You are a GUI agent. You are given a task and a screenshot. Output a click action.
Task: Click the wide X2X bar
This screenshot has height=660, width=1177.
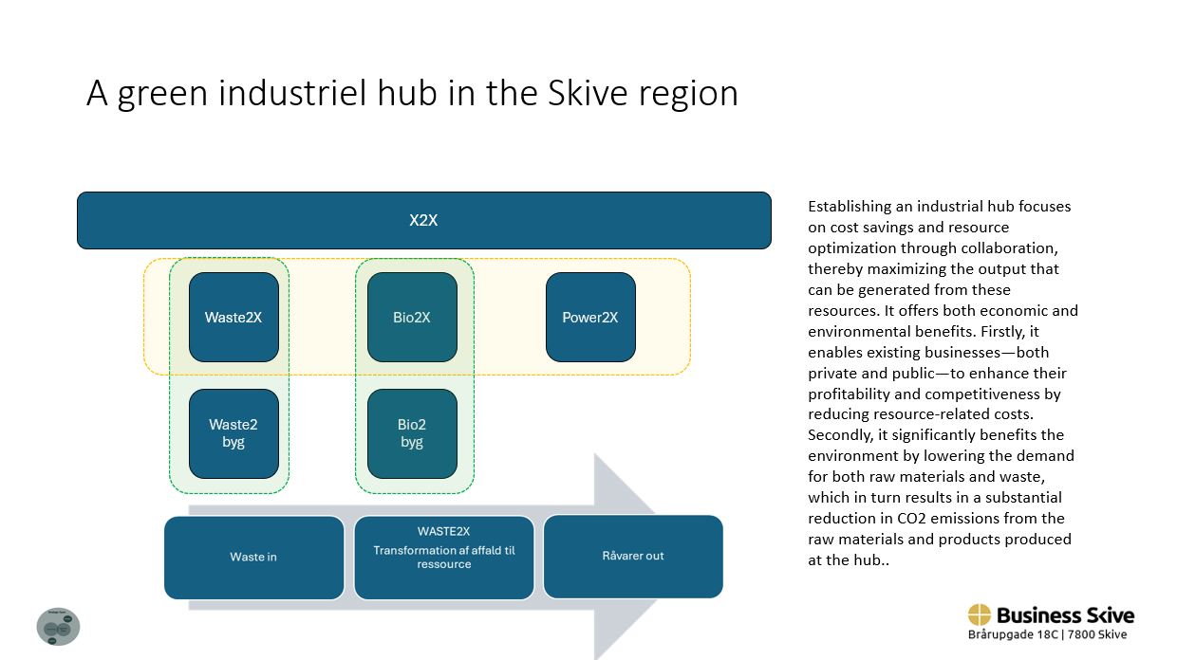(423, 220)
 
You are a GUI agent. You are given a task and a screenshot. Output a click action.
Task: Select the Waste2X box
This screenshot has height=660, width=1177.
(234, 317)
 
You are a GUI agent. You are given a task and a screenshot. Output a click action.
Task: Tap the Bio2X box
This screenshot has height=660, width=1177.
(412, 317)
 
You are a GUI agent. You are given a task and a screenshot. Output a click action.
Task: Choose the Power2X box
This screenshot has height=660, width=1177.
(590, 317)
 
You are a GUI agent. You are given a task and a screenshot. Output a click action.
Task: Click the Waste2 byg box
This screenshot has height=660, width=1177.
(234, 433)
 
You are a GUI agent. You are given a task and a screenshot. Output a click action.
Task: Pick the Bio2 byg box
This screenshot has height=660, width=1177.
(412, 433)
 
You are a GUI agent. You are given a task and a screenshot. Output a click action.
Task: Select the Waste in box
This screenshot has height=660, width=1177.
(253, 557)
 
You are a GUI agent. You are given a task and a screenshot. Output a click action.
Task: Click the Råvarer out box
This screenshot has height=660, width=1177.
(633, 557)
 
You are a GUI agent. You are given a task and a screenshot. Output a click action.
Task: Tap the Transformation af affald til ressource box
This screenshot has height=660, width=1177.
(444, 558)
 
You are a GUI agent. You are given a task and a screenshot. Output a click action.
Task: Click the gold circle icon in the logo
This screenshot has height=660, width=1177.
(979, 615)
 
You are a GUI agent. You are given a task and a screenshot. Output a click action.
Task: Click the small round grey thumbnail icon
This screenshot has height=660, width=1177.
(58, 627)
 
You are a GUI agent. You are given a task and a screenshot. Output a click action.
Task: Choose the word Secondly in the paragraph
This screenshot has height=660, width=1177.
(841, 435)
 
